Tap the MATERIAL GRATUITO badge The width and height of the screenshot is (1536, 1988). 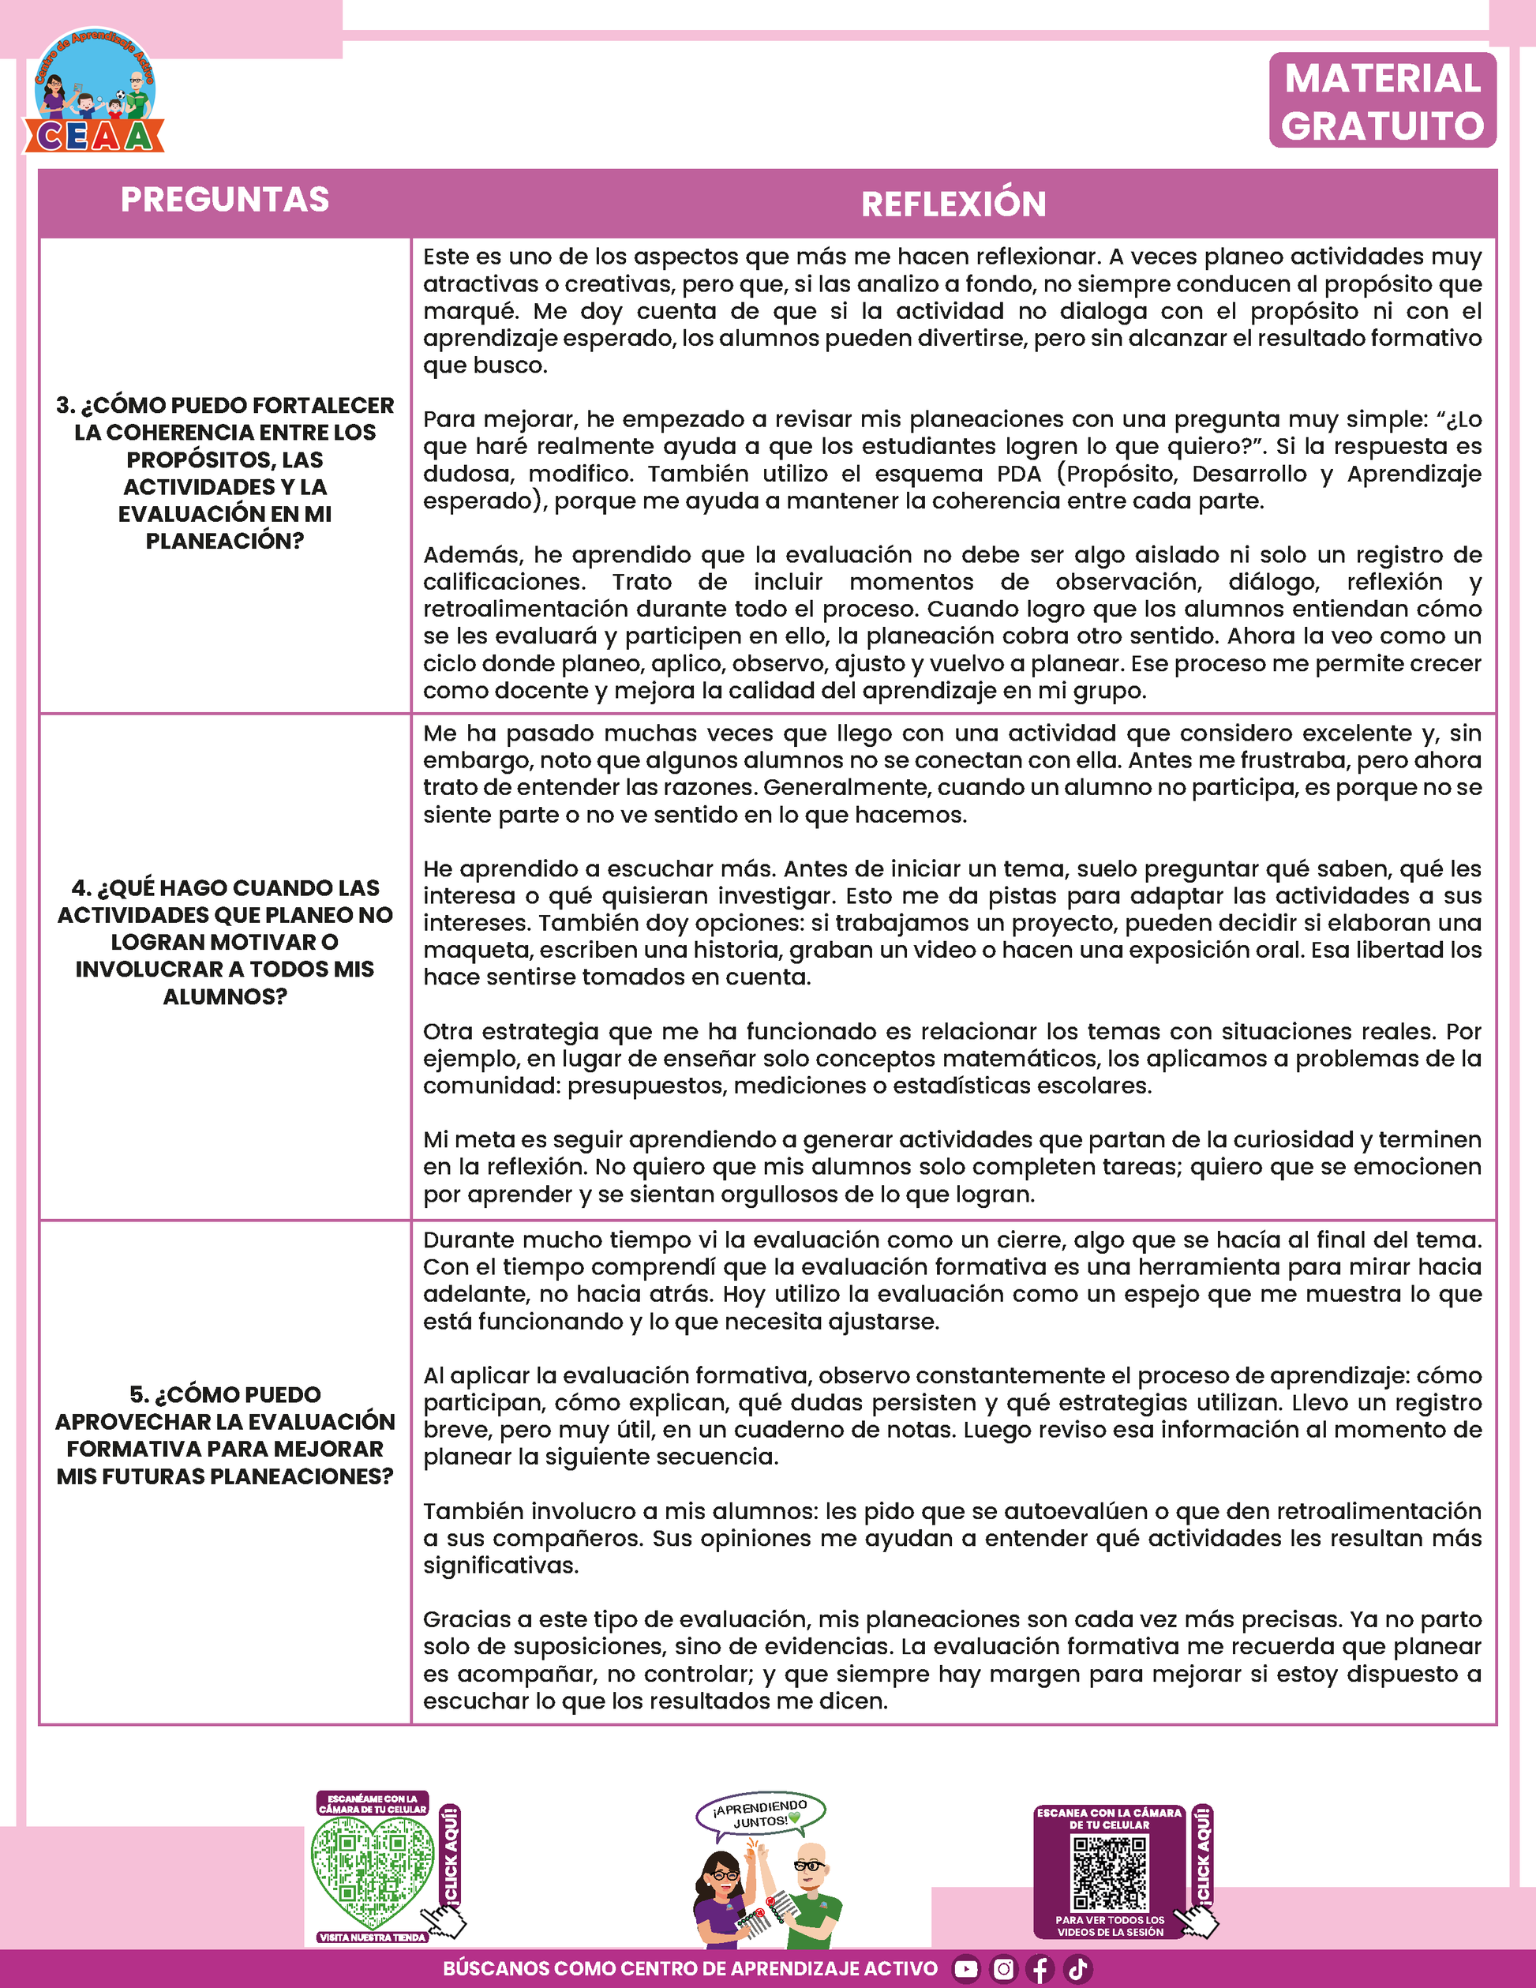1382,101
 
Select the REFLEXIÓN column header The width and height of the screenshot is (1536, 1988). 953,204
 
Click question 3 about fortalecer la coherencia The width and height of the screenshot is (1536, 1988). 225,472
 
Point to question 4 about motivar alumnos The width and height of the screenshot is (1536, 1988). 225,941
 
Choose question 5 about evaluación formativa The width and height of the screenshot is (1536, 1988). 225,1435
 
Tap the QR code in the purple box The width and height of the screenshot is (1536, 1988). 1109,1873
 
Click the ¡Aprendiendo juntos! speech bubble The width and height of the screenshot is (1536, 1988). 761,1814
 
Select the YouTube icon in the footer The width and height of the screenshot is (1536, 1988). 965,1969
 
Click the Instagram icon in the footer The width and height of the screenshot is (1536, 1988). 1002,1969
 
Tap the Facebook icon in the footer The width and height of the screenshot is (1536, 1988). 1040,1969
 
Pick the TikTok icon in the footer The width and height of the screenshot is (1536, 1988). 1077,1969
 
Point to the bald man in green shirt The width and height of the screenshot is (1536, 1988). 809,1893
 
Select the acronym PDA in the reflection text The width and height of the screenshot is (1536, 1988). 1018,474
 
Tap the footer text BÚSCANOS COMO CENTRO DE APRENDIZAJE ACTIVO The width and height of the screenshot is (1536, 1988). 690,1969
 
